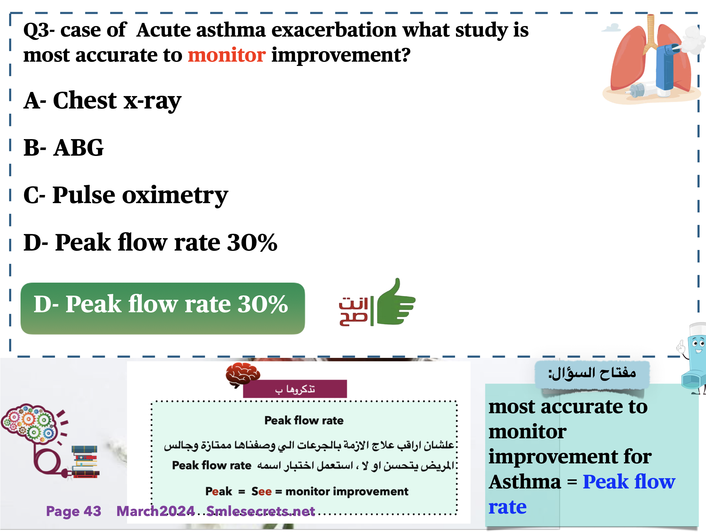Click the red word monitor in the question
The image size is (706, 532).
click(x=226, y=55)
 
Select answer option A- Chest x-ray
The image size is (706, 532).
click(x=102, y=101)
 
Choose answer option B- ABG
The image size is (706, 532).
click(x=63, y=148)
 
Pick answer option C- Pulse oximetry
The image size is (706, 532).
click(x=126, y=195)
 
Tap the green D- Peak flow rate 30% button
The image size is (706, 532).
click(x=162, y=308)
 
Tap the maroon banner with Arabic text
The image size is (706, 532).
click(x=295, y=389)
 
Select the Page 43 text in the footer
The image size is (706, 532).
click(x=74, y=511)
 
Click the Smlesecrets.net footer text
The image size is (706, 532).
click(x=260, y=511)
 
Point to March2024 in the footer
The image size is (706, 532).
click(x=156, y=511)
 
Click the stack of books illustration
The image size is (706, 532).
click(x=85, y=462)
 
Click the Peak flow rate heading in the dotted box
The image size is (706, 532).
click(x=304, y=420)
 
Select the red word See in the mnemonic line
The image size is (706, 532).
click(x=262, y=491)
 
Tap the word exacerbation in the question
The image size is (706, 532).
click(x=334, y=30)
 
